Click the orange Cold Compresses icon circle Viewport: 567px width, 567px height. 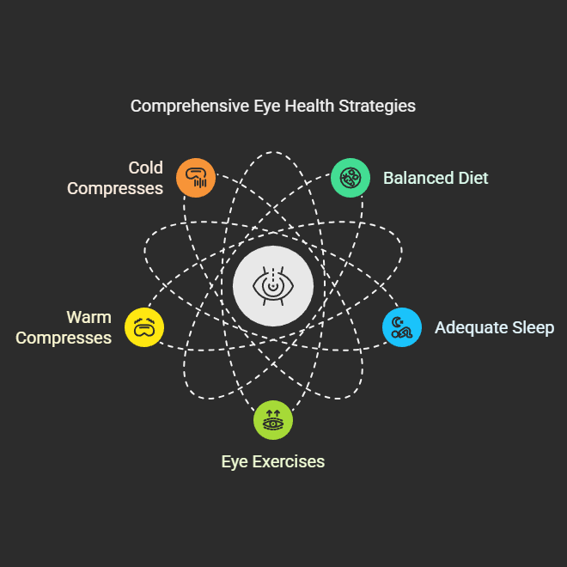click(196, 178)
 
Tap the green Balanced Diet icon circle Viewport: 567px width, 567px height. click(351, 178)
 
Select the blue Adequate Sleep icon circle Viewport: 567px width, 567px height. click(401, 327)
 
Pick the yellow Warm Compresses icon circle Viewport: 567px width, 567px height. click(144, 327)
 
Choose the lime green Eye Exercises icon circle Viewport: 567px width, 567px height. click(273, 420)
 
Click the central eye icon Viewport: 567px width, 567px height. click(273, 285)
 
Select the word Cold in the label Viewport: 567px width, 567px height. click(146, 168)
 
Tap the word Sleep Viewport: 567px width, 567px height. click(533, 328)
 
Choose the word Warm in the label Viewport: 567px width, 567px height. click(89, 318)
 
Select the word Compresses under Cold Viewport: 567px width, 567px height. click(115, 188)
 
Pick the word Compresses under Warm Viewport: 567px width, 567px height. click(64, 338)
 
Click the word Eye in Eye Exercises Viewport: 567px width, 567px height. click(235, 462)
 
